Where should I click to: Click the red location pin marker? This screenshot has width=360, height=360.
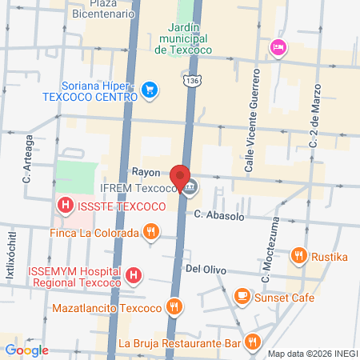(180, 178)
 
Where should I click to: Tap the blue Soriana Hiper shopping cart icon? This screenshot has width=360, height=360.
(148, 89)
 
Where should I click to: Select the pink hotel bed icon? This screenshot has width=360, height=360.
(278, 46)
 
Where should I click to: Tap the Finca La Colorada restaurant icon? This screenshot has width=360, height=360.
(150, 233)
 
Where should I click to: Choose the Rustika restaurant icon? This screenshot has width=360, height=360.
(299, 256)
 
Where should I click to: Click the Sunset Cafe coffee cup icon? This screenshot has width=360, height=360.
(241, 297)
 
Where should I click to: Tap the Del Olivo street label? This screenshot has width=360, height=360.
(203, 270)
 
